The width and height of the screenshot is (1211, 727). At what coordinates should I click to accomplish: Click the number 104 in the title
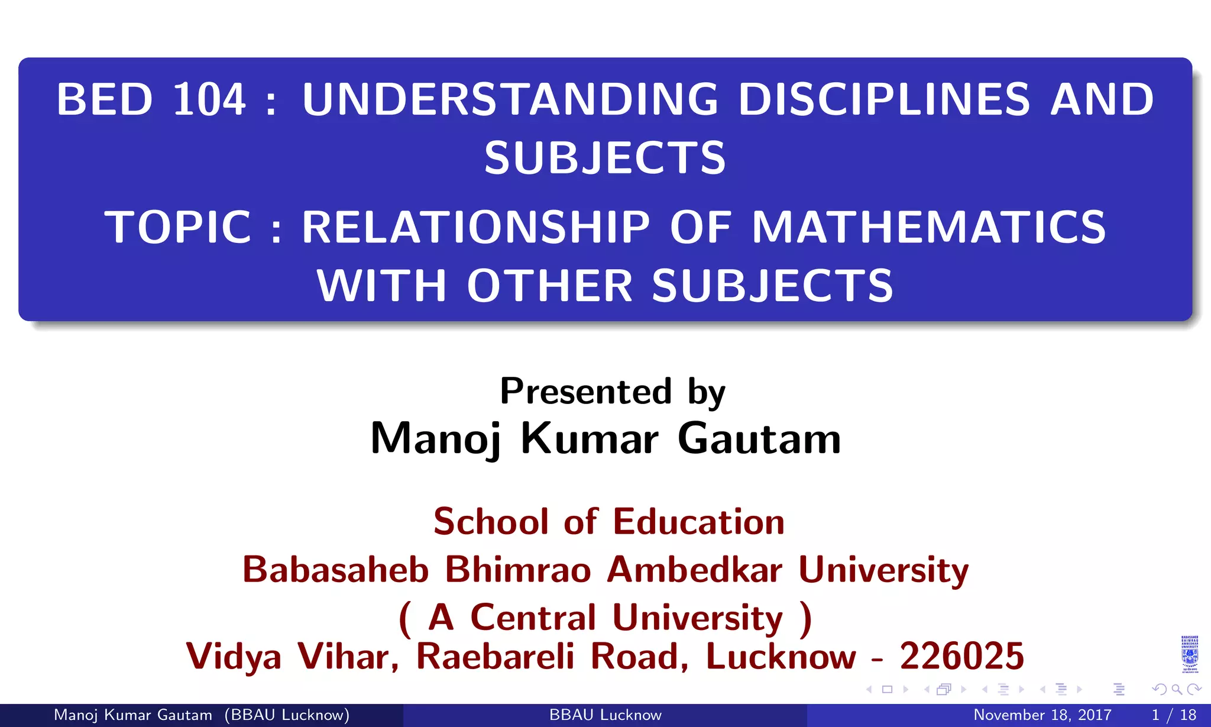[x=209, y=99]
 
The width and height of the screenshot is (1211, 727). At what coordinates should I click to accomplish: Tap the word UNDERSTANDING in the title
[x=510, y=99]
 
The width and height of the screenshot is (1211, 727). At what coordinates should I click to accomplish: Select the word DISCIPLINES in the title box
[x=885, y=99]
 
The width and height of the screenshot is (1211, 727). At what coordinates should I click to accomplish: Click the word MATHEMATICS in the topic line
[x=928, y=227]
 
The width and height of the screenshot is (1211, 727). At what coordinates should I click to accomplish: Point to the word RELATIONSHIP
[x=476, y=227]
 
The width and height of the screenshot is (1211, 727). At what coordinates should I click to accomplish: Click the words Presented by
[x=613, y=392]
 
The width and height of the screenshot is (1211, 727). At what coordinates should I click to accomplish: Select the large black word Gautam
[x=759, y=439]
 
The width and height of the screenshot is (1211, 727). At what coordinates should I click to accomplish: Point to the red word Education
[x=698, y=522]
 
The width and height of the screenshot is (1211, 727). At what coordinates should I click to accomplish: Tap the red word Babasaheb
[x=335, y=570]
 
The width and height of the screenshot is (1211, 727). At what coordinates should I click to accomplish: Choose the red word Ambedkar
[x=695, y=570]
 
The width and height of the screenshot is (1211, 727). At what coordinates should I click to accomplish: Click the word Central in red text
[x=533, y=618]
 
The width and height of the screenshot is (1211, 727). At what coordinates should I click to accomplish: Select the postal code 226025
[x=962, y=656]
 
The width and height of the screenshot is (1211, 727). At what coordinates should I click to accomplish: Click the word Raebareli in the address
[x=495, y=656]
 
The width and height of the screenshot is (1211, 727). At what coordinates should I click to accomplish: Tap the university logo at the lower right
[x=1190, y=654]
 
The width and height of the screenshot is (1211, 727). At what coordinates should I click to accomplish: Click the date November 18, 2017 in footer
[x=1042, y=715]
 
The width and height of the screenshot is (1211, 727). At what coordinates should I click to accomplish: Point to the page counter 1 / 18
[x=1174, y=715]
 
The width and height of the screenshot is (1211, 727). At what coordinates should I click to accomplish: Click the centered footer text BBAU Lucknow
[x=605, y=715]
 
